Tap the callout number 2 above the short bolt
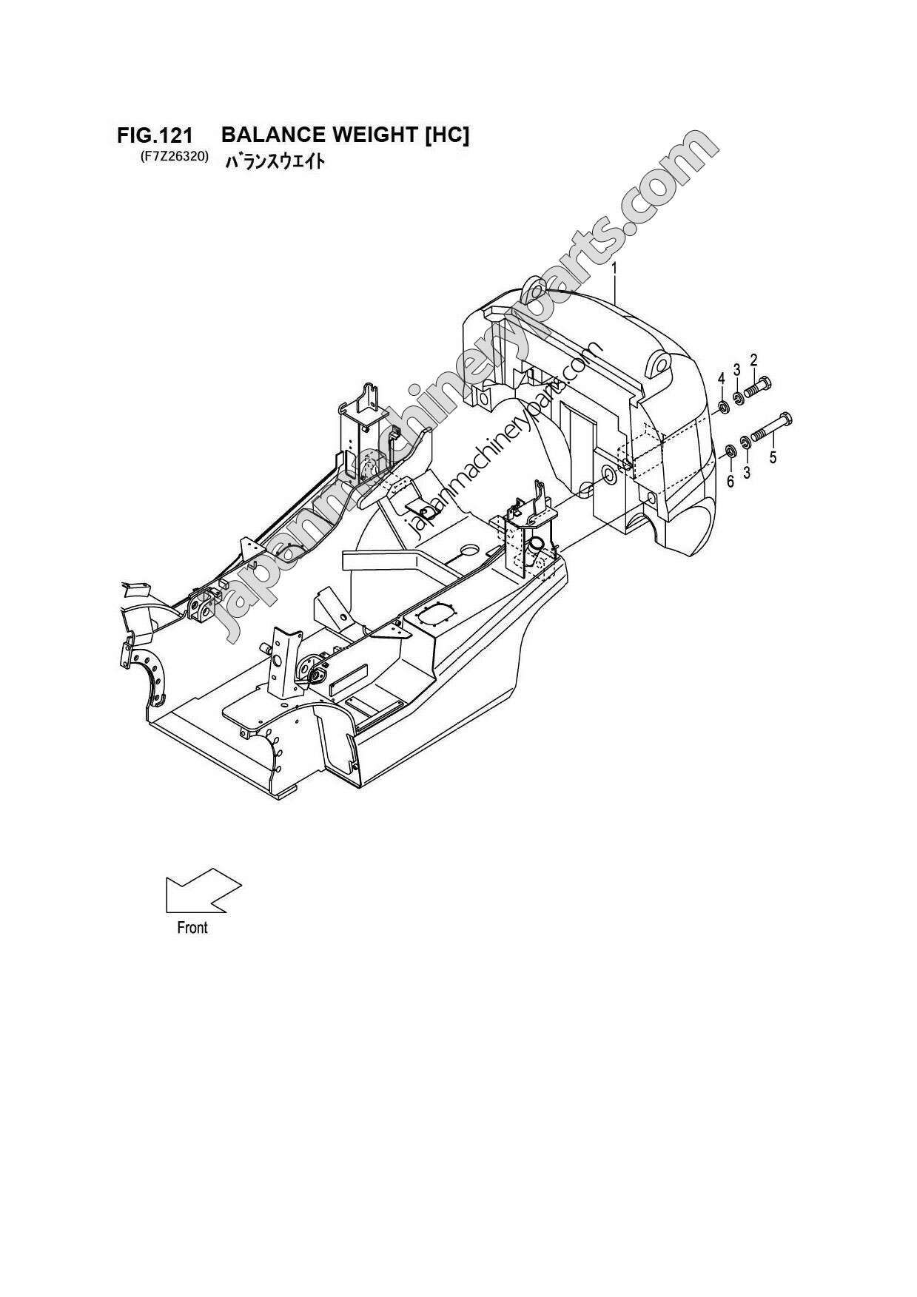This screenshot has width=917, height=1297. point(753,360)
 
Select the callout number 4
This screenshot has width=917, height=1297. point(720,379)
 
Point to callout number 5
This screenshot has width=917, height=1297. point(773,457)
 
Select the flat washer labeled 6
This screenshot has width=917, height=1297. point(729,451)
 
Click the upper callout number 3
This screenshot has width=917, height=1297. point(736,369)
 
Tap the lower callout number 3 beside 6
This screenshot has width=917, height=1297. point(746,472)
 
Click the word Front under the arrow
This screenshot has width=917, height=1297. point(192,927)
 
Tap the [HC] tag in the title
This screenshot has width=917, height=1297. point(447,135)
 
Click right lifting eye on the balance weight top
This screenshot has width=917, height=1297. point(658,363)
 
